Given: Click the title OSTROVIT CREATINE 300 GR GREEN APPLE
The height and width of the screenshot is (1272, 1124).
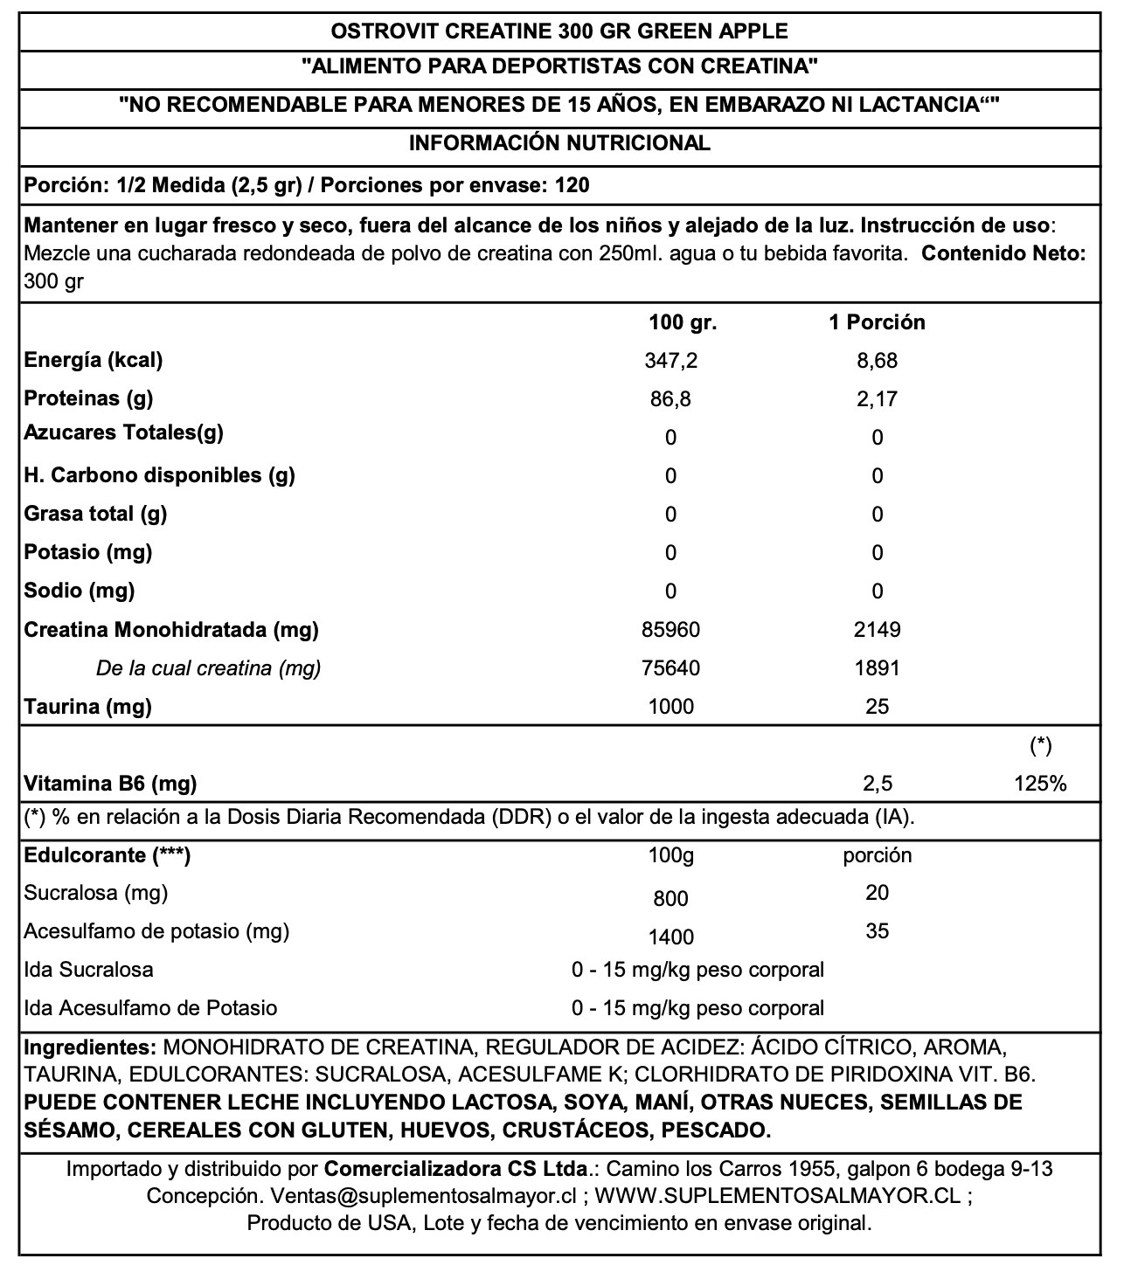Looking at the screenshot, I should coord(559,31).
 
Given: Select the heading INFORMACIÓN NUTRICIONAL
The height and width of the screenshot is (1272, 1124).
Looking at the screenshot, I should coord(559,143).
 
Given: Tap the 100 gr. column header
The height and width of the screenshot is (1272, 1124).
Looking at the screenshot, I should coord(683,322).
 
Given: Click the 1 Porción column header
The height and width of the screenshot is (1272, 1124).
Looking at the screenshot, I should coord(877,322).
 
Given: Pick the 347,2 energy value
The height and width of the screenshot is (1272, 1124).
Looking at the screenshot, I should coord(670,361).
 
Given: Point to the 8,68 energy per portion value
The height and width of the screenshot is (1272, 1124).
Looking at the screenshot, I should coord(877,361).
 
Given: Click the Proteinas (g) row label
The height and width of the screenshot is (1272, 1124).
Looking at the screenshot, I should coord(88,398).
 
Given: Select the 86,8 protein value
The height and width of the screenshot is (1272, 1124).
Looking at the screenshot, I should coord(670,399).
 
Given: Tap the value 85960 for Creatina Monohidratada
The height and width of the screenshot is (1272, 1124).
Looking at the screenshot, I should coord(670,630).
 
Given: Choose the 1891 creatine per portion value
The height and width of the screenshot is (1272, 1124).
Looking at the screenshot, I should coord(877,668).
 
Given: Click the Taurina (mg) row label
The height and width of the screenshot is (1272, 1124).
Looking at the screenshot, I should coord(87,707).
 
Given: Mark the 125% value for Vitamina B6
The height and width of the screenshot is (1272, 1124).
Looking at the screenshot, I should coord(1040,784).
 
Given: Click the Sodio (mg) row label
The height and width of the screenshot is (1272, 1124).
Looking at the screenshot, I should coord(80,591).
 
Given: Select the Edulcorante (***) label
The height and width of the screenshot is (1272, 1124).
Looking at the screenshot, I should coord(108,855).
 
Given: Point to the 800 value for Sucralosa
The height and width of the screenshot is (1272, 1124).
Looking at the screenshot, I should coord(670,899).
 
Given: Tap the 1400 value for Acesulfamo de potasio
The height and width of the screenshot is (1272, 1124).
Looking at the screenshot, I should coord(670,937).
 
